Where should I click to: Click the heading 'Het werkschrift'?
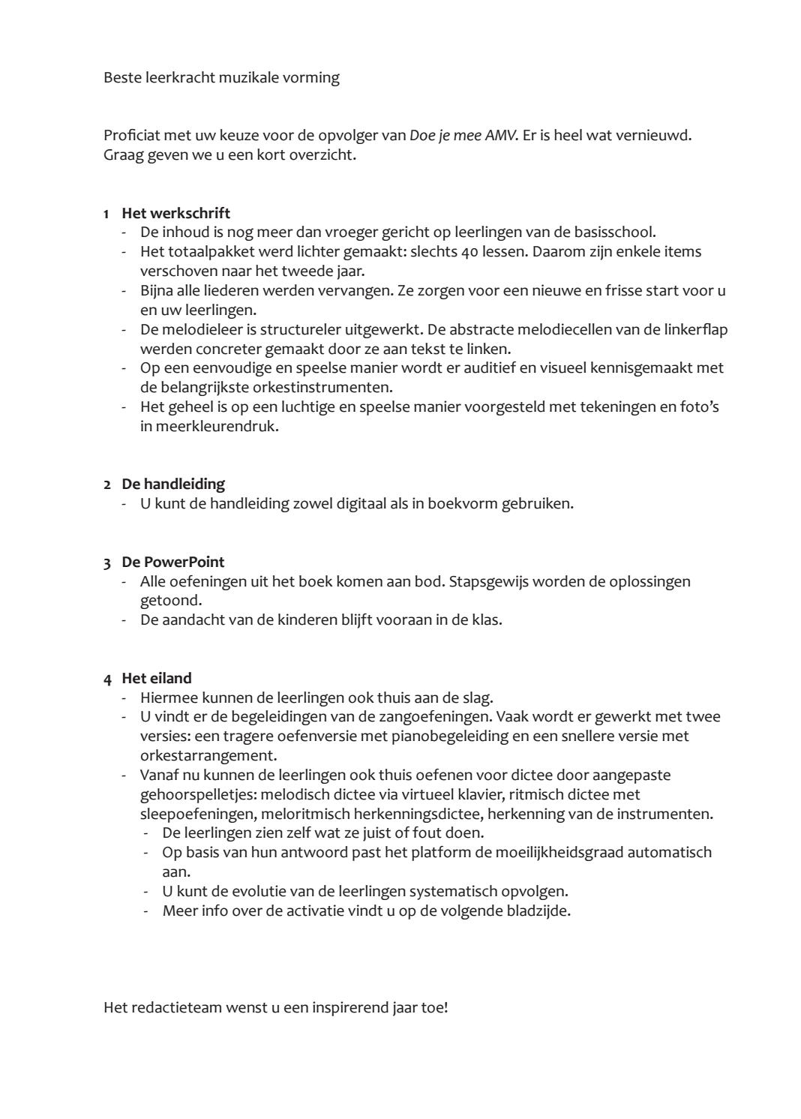175,213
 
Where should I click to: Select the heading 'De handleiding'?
173,484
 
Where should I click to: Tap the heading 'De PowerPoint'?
173,562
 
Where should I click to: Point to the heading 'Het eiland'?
157,678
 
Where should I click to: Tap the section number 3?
107,562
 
